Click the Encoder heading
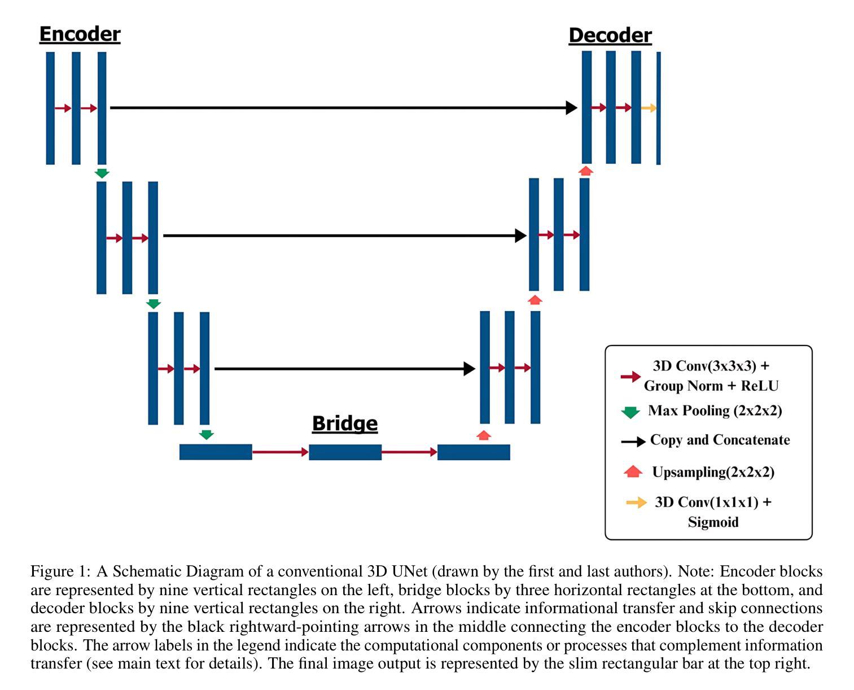[x=80, y=34]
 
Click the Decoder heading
[x=610, y=36]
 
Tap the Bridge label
[x=344, y=423]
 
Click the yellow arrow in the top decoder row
[x=649, y=108]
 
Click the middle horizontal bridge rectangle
[x=345, y=452]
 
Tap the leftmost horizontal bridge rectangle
[x=216, y=452]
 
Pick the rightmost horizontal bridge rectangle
[x=474, y=452]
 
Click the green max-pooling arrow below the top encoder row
[x=102, y=173]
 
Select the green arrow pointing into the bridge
[x=207, y=435]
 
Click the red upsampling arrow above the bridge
[x=484, y=435]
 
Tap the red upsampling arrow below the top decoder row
[x=586, y=171]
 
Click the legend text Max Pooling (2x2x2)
[x=715, y=410]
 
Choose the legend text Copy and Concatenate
[x=720, y=440]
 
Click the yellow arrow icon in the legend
[x=637, y=502]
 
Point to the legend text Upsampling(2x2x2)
[x=713, y=472]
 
